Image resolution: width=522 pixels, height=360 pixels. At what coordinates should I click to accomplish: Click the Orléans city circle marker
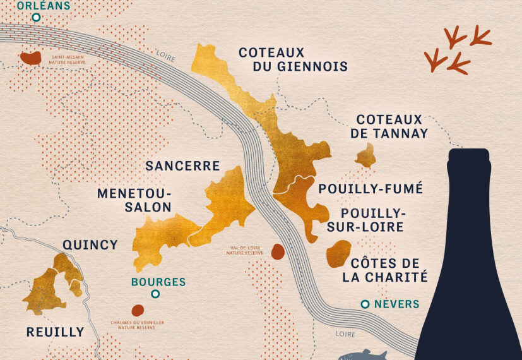pos(37,18)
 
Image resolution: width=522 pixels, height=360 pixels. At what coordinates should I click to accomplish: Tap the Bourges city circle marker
pos(155,294)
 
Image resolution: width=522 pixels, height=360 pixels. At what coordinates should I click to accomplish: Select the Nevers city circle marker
pos(365,304)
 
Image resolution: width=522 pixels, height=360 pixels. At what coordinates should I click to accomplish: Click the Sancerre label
pos(182,166)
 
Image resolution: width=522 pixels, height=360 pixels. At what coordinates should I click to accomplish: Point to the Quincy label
pos(90,244)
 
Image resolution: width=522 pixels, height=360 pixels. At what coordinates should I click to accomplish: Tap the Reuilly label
pos(55,332)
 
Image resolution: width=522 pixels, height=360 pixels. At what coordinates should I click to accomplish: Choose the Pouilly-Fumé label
pos(371,188)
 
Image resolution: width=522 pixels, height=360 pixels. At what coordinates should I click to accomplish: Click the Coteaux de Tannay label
pos(392,126)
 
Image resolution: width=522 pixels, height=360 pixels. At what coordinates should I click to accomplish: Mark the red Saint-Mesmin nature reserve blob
pos(30,58)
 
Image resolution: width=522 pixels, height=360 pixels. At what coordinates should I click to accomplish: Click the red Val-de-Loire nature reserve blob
pos(277,251)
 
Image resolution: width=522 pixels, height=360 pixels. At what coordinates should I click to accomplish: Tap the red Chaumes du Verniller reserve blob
pos(137,310)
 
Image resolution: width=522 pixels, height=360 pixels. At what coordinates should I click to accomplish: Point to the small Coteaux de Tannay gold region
pos(365,155)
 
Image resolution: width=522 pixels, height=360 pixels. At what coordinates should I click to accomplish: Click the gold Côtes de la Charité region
pos(338,253)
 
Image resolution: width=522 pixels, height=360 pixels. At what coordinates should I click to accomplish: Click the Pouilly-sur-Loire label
pos(365,220)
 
